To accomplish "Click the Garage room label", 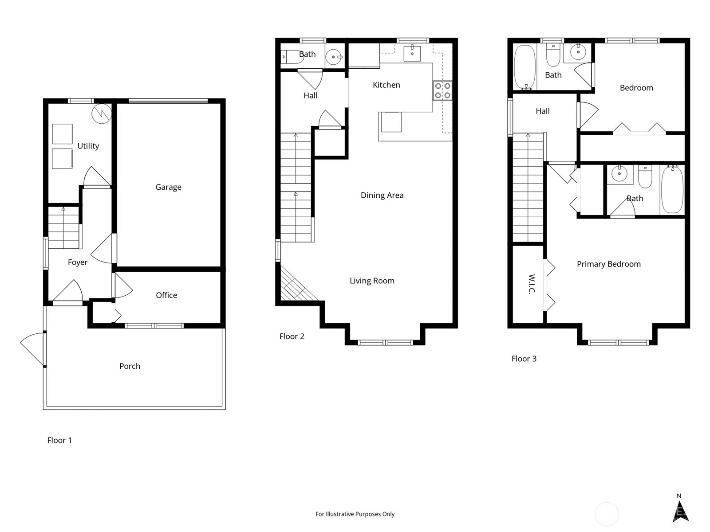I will [x=168, y=187].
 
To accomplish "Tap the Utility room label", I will [x=88, y=146].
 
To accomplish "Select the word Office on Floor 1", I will [x=166, y=295].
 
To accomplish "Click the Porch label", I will [x=130, y=366].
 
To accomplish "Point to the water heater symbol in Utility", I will [x=101, y=114].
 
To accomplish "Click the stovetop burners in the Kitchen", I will [x=442, y=90].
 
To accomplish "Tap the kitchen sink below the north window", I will [x=412, y=53].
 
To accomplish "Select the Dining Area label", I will [x=382, y=195].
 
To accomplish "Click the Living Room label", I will [x=372, y=281].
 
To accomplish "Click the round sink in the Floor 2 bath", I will [x=334, y=57].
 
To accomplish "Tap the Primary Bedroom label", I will [x=608, y=264].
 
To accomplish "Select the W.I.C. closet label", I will [x=532, y=284].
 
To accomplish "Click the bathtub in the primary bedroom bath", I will [x=672, y=190].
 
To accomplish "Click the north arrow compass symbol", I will [x=679, y=511].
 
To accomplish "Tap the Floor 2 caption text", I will [x=292, y=336].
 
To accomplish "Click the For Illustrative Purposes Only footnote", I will [x=355, y=514].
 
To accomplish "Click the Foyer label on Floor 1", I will [x=78, y=262].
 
